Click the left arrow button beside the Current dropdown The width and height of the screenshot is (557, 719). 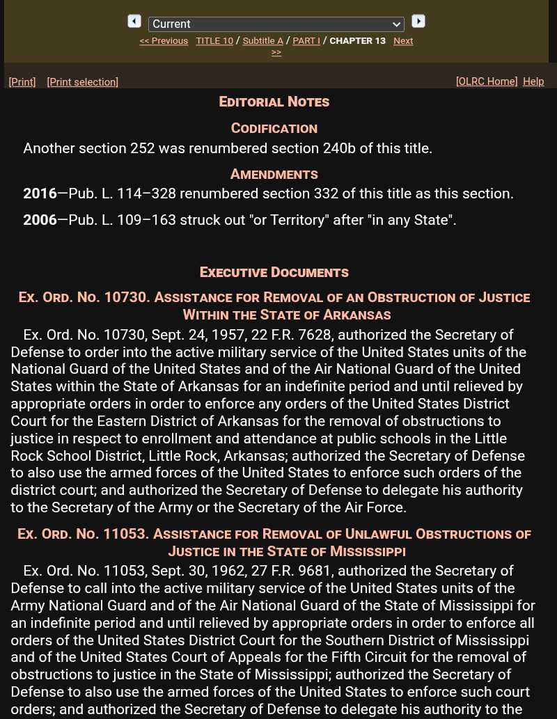[134, 22]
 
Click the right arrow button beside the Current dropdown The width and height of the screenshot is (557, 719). [418, 22]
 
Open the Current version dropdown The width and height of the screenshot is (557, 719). [276, 24]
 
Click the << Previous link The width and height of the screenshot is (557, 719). [164, 41]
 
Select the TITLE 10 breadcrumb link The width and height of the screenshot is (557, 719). [214, 41]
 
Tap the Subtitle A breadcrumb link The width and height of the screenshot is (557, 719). [263, 41]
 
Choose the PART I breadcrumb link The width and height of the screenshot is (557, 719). [306, 41]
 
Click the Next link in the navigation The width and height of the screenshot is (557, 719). [403, 41]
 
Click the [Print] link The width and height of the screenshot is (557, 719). [22, 82]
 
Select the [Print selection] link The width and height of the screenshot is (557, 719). [82, 82]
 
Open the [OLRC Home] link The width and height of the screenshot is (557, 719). [487, 81]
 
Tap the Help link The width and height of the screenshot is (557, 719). [533, 81]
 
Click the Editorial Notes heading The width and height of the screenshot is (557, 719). [274, 102]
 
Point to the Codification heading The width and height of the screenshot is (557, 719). [274, 128]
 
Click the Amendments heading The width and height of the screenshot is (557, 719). [274, 174]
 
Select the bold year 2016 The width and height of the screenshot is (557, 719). [40, 193]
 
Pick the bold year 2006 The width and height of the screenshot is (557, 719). [40, 220]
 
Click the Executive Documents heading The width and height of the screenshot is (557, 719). [274, 272]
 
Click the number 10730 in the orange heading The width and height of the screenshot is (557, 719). [127, 298]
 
